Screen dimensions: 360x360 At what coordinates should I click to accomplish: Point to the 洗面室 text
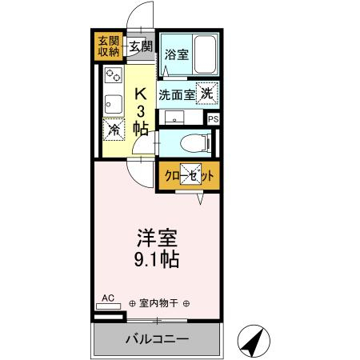tap(176, 94)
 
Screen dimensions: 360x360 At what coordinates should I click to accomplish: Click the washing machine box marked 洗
tap(207, 94)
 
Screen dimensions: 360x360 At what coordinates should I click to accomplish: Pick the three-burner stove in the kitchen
tap(113, 78)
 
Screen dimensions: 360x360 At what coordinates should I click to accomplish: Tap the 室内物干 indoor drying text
tap(156, 303)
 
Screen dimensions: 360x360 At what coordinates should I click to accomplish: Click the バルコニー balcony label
tap(157, 339)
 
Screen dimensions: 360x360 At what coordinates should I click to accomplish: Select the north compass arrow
tap(256, 339)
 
